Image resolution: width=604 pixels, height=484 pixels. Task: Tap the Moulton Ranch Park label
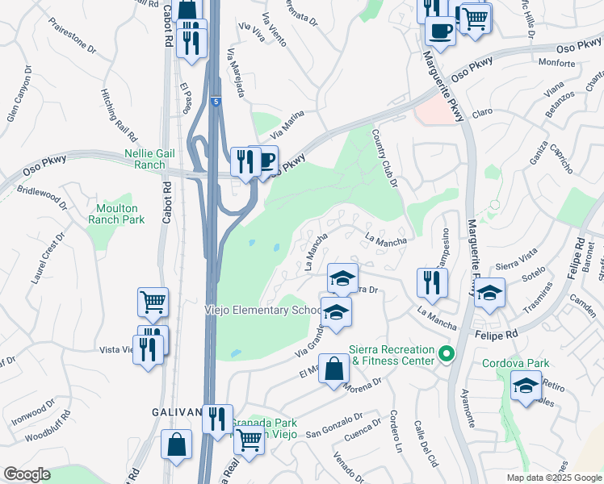115,212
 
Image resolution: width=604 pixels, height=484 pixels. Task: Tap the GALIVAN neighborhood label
177,411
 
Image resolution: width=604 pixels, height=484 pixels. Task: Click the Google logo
26,474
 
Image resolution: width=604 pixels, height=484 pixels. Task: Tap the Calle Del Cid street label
425,444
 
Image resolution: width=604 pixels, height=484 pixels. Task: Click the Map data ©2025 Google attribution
554,478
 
